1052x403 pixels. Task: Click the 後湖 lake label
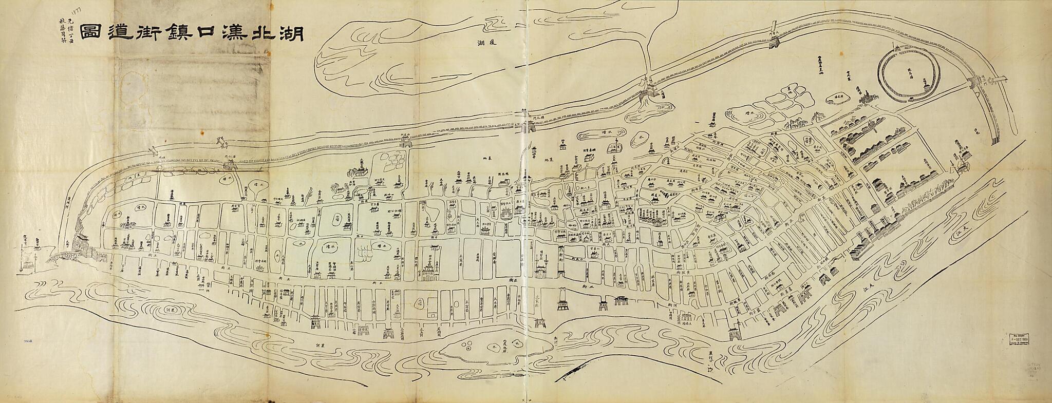pyautogui.click(x=482, y=43)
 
